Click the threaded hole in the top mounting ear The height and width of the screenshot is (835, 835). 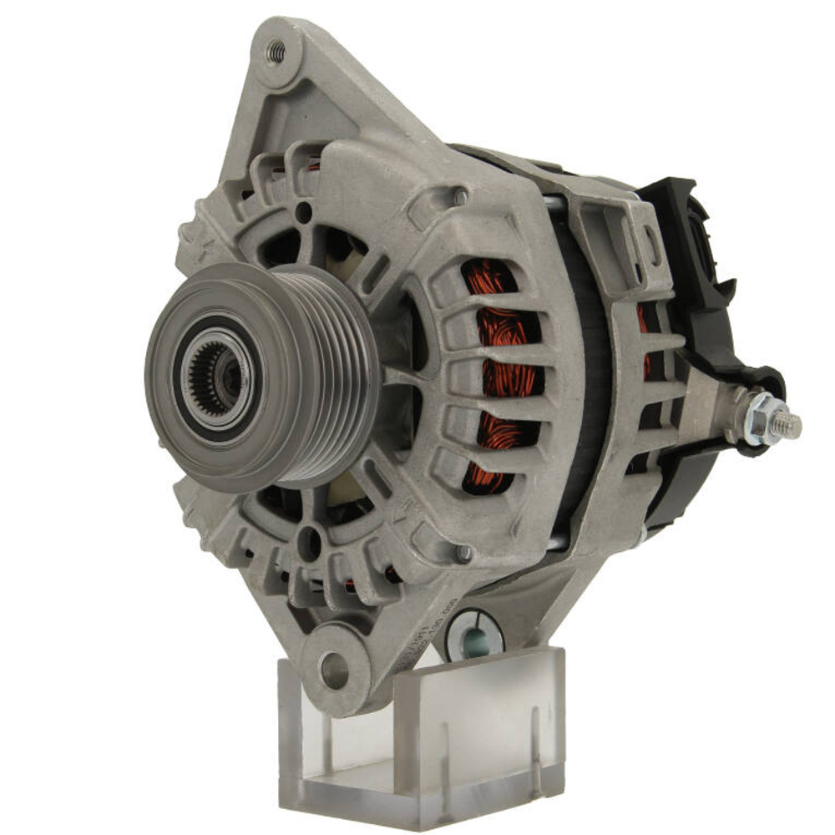[x=276, y=53]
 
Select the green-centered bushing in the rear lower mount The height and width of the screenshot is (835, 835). [x=474, y=638]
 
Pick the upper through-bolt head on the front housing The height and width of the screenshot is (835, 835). [x=460, y=197]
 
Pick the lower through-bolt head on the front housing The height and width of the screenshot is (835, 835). [x=464, y=552]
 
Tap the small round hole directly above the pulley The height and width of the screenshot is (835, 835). [x=304, y=213]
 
